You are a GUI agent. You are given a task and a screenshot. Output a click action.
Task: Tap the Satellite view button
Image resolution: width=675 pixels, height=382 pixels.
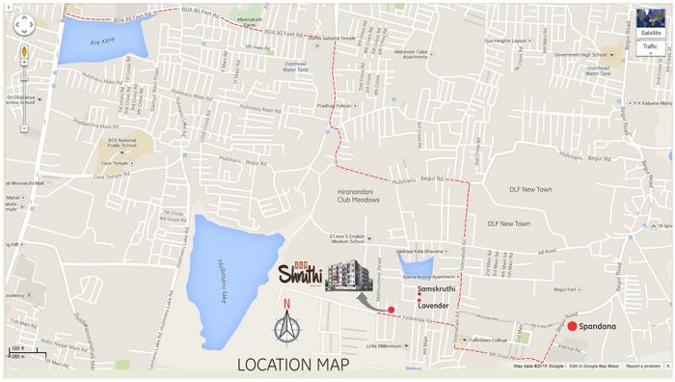click(x=651, y=33)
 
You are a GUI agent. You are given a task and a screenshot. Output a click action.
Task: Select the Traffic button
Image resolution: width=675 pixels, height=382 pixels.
click(x=651, y=46)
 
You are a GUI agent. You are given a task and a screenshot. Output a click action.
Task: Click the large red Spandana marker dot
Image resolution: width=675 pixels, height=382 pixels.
click(x=572, y=326)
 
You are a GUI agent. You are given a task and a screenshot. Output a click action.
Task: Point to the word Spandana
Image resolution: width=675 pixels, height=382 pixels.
click(x=598, y=326)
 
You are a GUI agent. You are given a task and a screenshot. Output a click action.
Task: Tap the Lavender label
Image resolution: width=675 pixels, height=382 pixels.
click(x=434, y=305)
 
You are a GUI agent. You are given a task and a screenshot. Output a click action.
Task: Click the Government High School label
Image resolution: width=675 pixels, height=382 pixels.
click(x=581, y=55)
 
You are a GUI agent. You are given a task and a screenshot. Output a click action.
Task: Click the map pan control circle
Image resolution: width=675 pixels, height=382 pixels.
click(x=24, y=26)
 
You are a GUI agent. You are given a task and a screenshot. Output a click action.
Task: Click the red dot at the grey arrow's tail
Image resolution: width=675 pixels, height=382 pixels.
click(x=391, y=310)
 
